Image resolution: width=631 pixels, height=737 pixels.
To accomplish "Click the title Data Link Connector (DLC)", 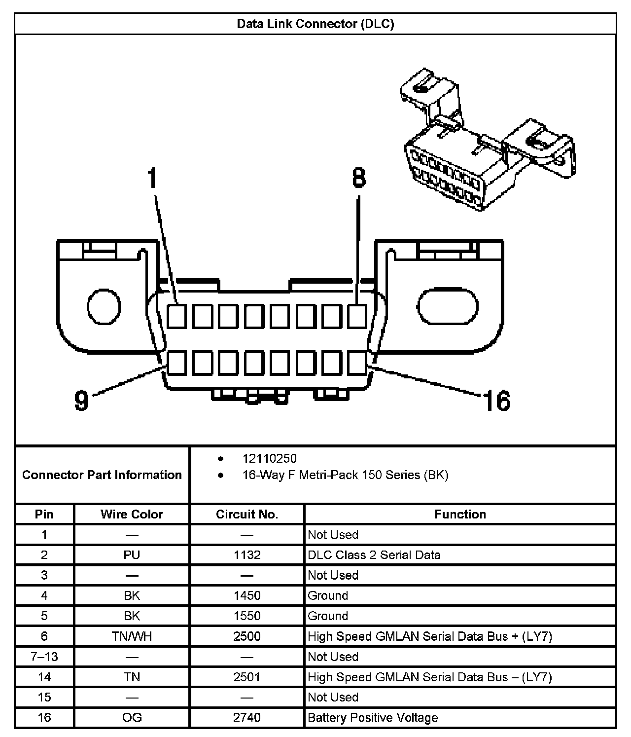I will [x=315, y=24].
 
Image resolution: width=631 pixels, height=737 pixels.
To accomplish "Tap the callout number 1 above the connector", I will [x=153, y=178].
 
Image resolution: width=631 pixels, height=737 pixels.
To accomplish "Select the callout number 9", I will [x=81, y=400].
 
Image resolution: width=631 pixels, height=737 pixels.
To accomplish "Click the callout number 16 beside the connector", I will [x=497, y=400].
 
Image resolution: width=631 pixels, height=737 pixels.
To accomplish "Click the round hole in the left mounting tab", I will [x=104, y=307].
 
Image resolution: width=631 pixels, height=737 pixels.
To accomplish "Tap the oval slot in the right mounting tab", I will [x=448, y=307].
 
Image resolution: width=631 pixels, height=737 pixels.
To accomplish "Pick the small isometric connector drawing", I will [x=486, y=143].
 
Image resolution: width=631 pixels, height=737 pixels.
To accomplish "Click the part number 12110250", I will [x=269, y=458].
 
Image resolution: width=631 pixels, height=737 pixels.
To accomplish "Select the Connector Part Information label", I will [x=102, y=475].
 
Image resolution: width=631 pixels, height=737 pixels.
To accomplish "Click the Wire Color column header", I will [x=132, y=514].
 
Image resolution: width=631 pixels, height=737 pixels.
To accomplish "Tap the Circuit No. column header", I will [x=247, y=514].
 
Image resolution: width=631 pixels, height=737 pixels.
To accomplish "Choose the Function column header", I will [x=460, y=514].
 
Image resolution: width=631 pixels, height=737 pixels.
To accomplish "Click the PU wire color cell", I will [x=132, y=555].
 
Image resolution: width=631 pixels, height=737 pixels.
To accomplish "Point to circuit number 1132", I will [x=247, y=555].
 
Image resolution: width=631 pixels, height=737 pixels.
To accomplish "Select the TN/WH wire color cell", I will [x=132, y=636].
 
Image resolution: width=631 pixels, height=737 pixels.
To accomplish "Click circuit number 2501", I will [x=247, y=677].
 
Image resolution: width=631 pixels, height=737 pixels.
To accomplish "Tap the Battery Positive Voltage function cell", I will [x=373, y=717].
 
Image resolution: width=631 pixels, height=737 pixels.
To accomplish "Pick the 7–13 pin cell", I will [x=44, y=657].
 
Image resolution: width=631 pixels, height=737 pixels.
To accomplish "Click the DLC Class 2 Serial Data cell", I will [x=374, y=555].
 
